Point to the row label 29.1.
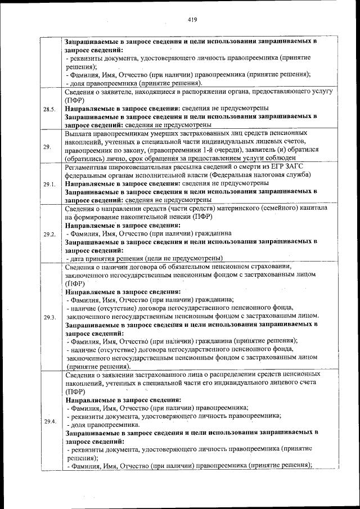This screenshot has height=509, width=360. point(48,184)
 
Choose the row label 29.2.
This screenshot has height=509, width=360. point(48,234)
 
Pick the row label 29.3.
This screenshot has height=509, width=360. point(48,317)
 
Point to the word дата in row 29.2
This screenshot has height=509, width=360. point(78,259)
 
